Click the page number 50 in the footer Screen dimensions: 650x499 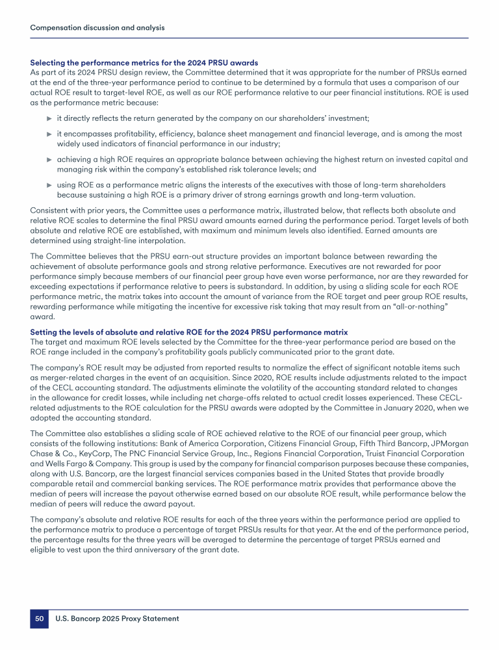coord(39,619)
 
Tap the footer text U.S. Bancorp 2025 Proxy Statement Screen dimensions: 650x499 coord(117,619)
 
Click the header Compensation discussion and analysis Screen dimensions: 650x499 coord(97,28)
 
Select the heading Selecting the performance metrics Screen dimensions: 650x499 coord(144,62)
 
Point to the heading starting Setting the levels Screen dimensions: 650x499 coord(189,332)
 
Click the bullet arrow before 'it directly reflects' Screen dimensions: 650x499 coord(49,118)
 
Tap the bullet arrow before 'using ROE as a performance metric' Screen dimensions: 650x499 coord(49,185)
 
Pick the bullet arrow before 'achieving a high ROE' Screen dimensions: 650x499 coord(49,159)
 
